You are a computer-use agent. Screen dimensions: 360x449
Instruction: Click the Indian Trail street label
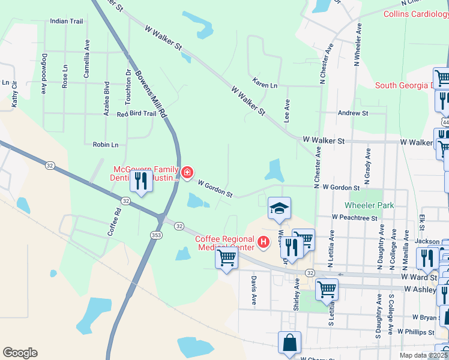67,21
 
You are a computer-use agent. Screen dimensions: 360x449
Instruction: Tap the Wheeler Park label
369,205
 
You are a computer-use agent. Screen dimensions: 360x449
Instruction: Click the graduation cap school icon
279,208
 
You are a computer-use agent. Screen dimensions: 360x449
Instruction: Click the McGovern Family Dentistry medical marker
187,173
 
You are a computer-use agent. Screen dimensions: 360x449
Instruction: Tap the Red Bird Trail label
136,113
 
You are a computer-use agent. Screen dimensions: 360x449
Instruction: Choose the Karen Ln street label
265,85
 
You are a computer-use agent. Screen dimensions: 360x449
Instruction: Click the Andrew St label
352,113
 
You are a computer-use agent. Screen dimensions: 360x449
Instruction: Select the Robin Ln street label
106,145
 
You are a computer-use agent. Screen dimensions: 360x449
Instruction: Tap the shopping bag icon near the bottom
289,343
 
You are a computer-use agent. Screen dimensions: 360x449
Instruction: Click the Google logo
20,353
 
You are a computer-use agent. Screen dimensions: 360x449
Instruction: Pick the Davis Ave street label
255,290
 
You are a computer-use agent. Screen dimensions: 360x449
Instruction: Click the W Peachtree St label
354,218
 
